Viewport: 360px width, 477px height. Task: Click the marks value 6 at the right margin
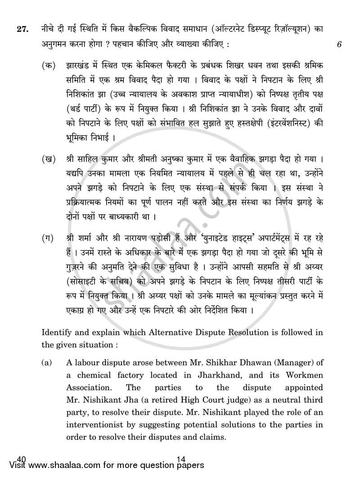click(338, 44)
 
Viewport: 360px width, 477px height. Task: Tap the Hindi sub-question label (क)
click(48, 66)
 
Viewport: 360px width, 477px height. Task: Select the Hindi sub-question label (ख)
click(48, 160)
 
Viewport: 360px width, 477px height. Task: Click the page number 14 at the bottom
click(182, 459)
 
